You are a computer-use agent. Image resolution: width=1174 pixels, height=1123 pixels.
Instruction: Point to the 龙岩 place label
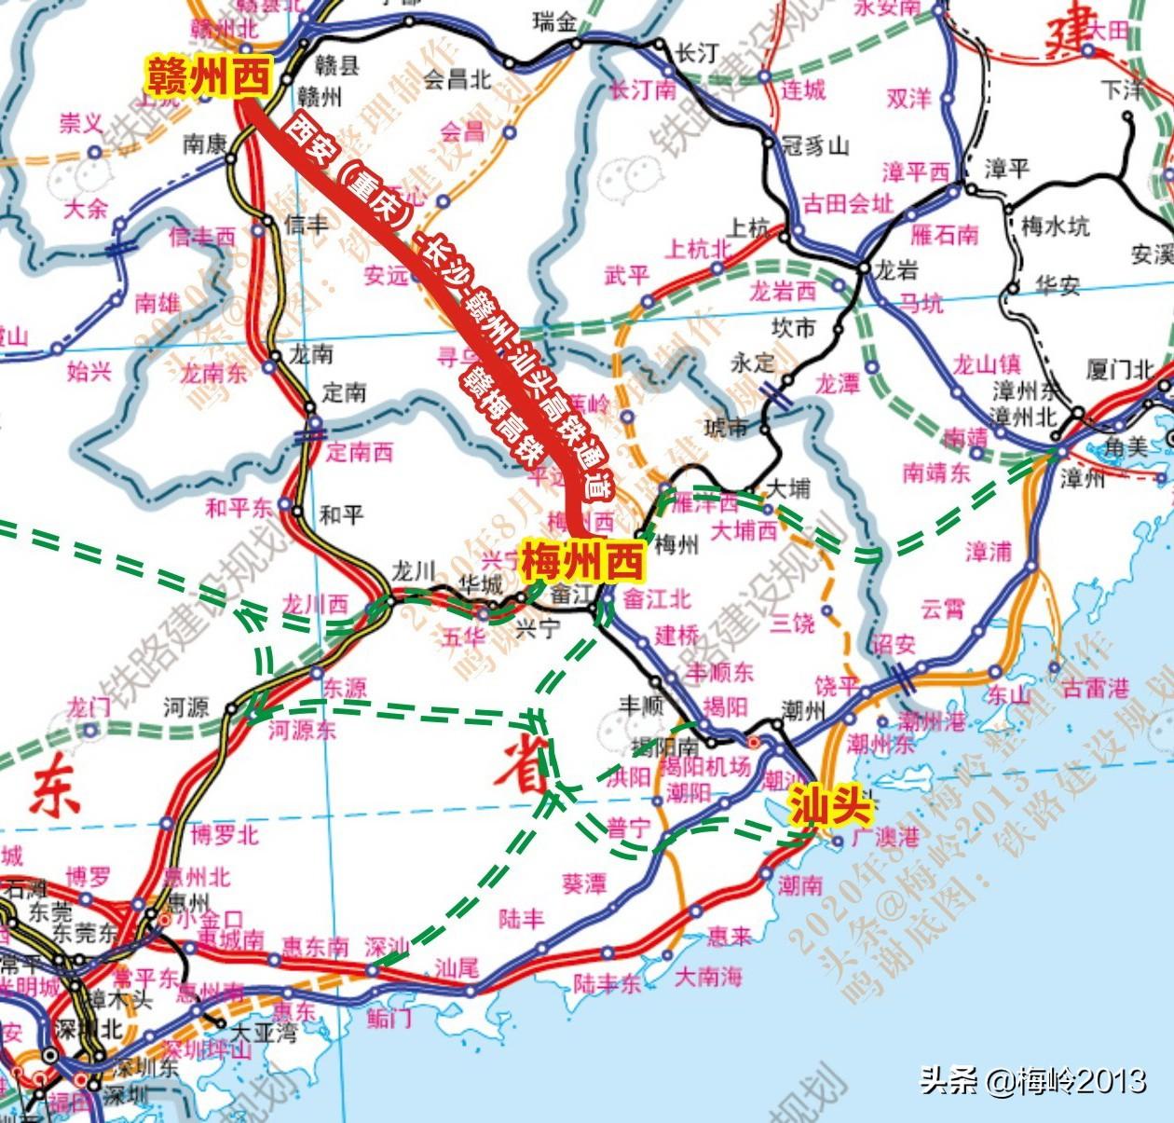coord(896,270)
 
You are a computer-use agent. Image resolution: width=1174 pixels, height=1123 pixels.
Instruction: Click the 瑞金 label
coord(555,21)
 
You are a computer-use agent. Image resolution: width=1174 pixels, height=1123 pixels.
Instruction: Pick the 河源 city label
coord(186,708)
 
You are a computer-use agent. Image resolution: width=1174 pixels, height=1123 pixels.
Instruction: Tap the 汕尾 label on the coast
coord(457,967)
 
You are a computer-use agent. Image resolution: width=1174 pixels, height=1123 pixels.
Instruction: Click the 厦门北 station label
coord(1120,370)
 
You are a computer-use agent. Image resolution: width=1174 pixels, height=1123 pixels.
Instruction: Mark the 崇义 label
coord(82,123)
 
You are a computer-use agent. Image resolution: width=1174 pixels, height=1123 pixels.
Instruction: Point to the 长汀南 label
coord(643,90)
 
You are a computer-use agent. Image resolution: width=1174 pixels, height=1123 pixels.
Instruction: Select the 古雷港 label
coord(1095,689)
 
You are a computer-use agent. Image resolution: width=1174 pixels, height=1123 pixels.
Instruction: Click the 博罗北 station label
coord(225,835)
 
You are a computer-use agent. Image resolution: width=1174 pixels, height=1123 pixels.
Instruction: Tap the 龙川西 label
coord(315,604)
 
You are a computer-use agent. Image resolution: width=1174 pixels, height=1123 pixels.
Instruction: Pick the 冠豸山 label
coord(815,145)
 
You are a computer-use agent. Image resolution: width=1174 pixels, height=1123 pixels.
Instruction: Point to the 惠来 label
coord(729,935)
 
